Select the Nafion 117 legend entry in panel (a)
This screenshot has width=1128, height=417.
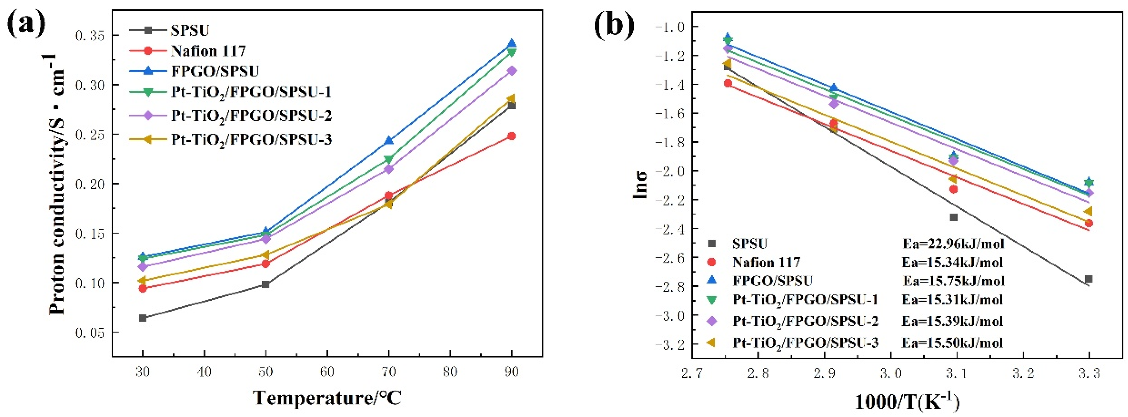point(208,51)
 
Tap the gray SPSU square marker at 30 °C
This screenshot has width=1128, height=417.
point(143,318)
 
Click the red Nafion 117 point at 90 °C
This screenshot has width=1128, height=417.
point(511,136)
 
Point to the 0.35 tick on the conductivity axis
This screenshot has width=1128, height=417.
point(90,35)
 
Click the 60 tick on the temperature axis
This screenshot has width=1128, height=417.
point(327,372)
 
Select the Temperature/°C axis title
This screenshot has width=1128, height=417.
point(327,398)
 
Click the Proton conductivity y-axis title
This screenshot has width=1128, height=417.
point(57,184)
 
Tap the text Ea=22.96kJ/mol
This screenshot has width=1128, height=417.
point(953,243)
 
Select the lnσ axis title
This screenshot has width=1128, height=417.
point(640,184)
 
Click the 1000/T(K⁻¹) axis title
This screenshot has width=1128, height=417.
point(907,402)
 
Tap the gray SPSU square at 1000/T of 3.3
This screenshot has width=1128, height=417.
point(1089,279)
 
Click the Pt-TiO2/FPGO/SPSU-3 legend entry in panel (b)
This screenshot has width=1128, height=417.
point(805,342)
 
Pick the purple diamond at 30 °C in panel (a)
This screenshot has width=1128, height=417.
point(143,266)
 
